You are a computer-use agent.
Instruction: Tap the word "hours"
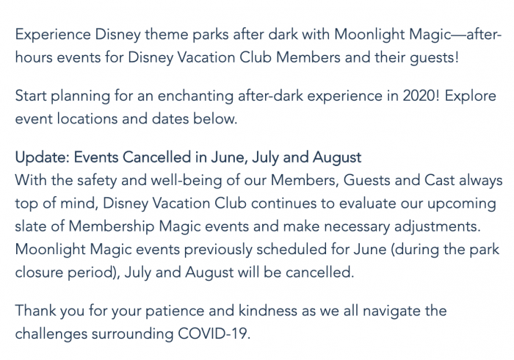[34, 57]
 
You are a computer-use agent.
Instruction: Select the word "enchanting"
[195, 96]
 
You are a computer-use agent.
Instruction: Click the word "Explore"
[470, 96]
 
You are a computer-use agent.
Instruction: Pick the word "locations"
[87, 119]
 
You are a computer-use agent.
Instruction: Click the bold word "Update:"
[43, 157]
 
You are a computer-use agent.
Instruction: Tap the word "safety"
[97, 181]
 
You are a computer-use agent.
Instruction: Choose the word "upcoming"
[462, 204]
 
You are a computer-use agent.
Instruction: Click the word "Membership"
[111, 227]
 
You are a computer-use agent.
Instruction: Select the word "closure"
[39, 273]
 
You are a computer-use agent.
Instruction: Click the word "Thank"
[35, 311]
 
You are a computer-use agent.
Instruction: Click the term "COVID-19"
[214, 334]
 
